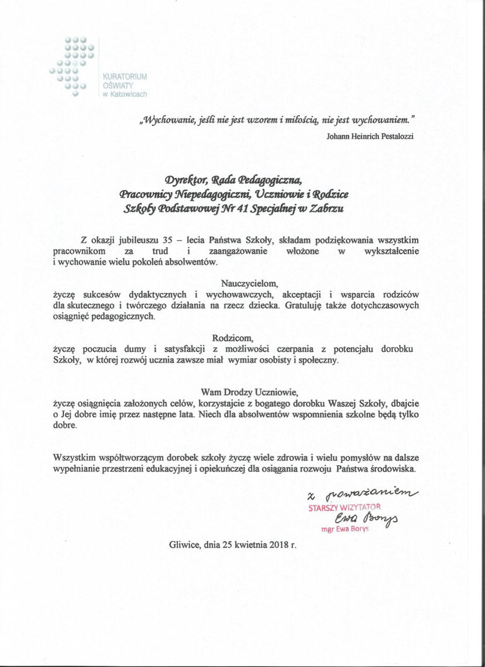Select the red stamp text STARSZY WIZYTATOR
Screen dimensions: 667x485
click(x=345, y=508)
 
